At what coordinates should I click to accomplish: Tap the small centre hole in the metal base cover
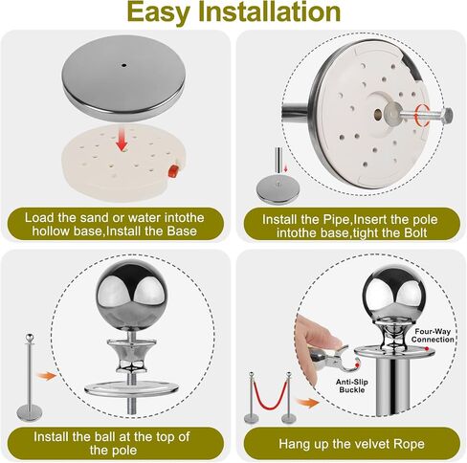(x=123, y=65)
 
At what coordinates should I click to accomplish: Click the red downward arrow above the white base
(x=122, y=139)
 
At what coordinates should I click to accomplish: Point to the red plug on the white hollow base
(x=172, y=171)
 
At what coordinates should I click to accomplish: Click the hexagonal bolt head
(x=447, y=116)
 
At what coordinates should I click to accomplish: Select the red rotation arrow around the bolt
(x=421, y=115)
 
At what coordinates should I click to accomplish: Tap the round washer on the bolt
(x=391, y=113)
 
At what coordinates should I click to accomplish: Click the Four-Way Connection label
(x=433, y=336)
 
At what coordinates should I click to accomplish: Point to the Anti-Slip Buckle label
(x=352, y=386)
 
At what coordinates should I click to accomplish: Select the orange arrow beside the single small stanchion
(x=46, y=376)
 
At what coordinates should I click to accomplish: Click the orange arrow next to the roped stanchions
(x=307, y=403)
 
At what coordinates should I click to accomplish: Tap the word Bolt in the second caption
(x=414, y=232)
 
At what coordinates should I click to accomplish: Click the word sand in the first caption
(x=95, y=218)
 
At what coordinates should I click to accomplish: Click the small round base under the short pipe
(x=278, y=190)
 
